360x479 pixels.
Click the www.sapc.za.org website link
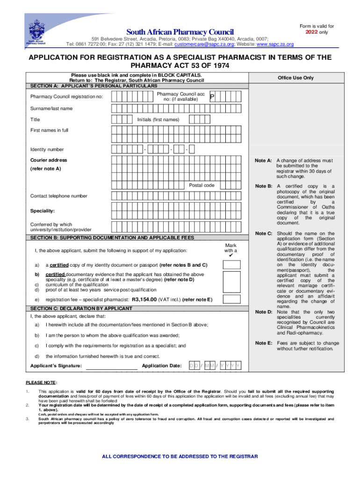(x=275, y=44)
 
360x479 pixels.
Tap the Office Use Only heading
(x=295, y=78)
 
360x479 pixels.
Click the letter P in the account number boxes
(x=212, y=97)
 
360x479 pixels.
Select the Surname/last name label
(x=51, y=109)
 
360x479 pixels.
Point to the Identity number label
(x=47, y=150)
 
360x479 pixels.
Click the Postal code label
(x=202, y=186)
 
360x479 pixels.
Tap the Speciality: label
(x=43, y=211)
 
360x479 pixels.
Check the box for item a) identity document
(x=231, y=265)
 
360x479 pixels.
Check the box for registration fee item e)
(x=231, y=299)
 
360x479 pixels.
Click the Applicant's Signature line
(x=112, y=366)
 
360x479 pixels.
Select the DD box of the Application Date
(x=194, y=366)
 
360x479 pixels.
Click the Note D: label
(x=263, y=312)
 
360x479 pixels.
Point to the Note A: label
(x=263, y=160)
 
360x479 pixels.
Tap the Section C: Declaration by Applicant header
(x=81, y=309)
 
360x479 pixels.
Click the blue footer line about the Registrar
(x=180, y=457)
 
